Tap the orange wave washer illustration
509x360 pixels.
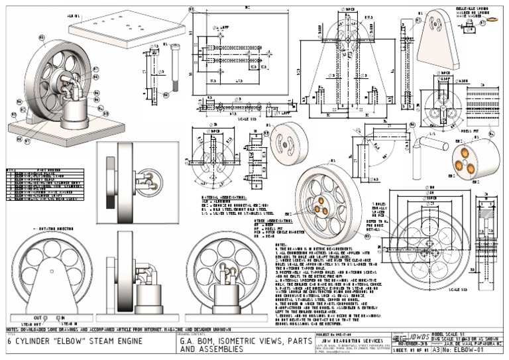494,21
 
